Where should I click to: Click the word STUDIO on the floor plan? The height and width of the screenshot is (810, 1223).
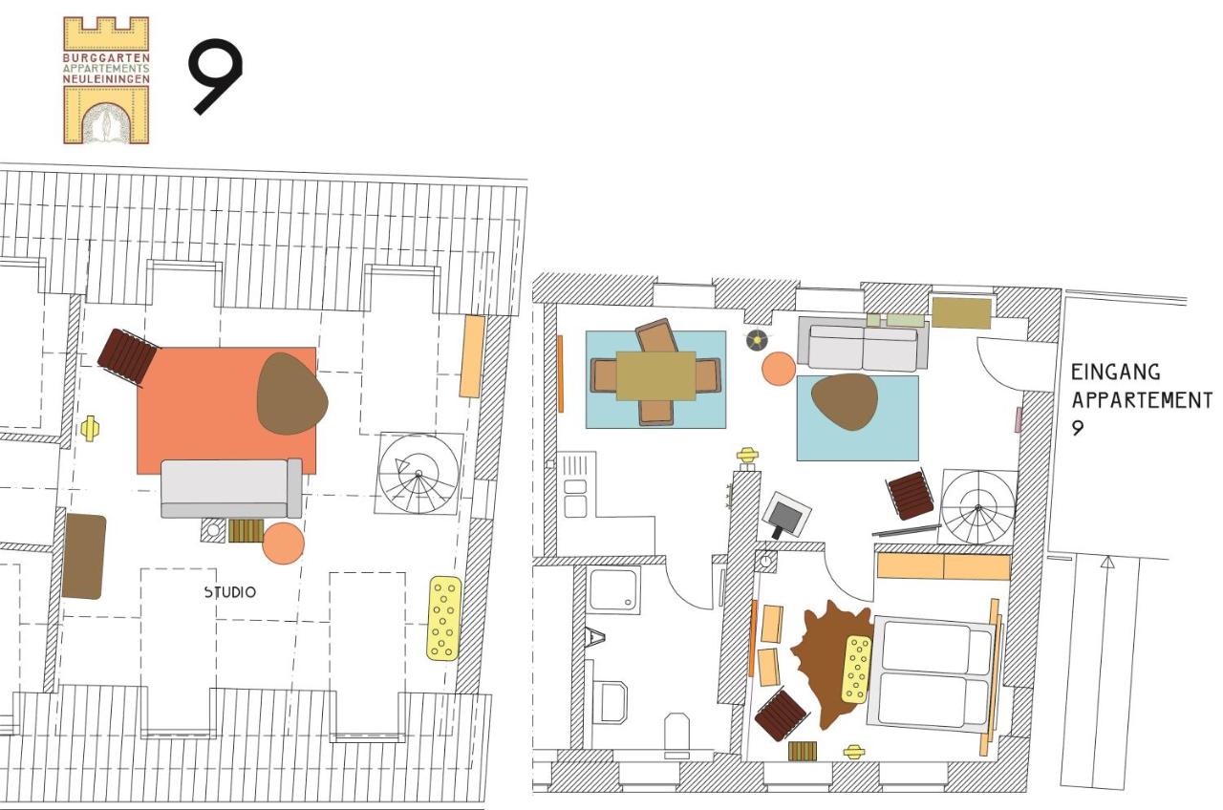[x=229, y=592]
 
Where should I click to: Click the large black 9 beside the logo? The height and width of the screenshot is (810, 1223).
[x=215, y=76]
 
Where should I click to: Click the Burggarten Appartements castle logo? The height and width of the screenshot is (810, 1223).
[x=106, y=80]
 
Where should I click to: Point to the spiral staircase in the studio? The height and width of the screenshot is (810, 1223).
[x=419, y=475]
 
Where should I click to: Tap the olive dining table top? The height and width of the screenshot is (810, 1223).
[x=655, y=375]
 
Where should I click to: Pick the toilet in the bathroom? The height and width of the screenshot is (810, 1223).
[x=676, y=734]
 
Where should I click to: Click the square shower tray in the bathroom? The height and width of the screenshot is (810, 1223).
[x=614, y=590]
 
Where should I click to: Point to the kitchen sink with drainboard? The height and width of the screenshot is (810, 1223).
[x=575, y=485]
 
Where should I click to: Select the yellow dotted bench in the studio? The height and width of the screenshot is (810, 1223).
[x=444, y=618]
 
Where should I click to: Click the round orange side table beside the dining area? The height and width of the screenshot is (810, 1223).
[x=779, y=369]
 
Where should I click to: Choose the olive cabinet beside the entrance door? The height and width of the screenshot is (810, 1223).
[x=961, y=312]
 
